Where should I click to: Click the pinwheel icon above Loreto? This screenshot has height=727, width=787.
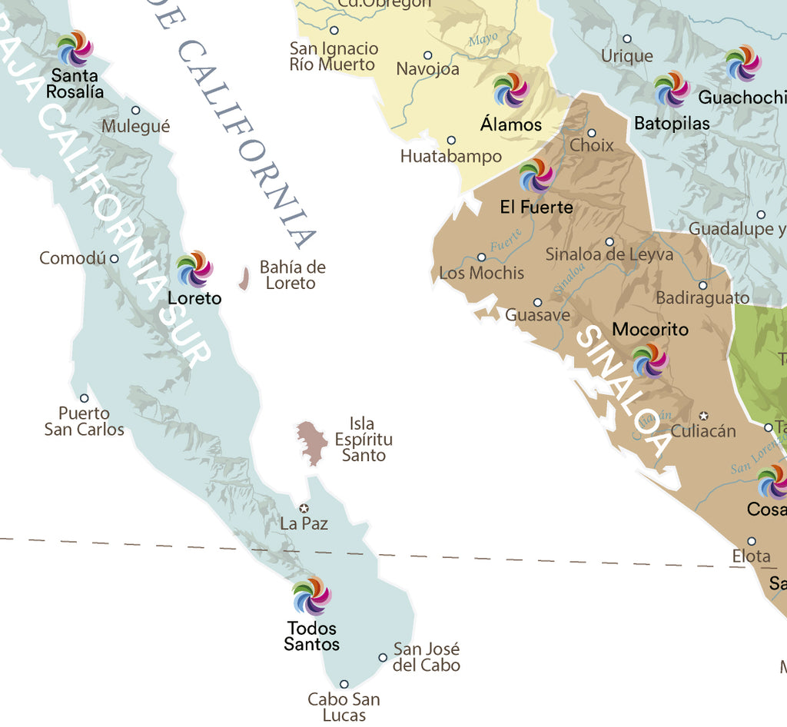[x=194, y=269]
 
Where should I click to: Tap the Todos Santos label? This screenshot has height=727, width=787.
[x=312, y=636]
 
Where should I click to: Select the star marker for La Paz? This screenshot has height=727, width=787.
[x=304, y=508]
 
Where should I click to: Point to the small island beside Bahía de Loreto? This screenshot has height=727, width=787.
[x=244, y=279]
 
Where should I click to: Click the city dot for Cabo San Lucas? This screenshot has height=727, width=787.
[x=344, y=684]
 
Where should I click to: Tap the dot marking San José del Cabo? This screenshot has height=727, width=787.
[x=383, y=657]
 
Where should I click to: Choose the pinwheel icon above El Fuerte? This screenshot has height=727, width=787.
[x=536, y=177]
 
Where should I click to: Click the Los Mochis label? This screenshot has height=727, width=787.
[x=481, y=273]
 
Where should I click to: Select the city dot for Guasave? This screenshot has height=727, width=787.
[x=538, y=302]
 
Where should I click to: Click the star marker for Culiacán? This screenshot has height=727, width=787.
[x=702, y=416]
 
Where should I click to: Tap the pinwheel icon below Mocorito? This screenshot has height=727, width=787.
[x=649, y=360]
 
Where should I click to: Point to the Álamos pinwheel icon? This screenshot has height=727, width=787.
[x=511, y=90]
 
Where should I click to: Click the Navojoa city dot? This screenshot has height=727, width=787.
[x=428, y=55]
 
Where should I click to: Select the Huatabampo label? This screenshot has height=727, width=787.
[x=450, y=157]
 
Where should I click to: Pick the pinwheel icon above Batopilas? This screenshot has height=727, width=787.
[x=672, y=89]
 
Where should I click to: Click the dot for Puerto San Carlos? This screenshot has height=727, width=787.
[x=85, y=398]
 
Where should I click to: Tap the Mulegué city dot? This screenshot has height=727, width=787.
[x=135, y=110]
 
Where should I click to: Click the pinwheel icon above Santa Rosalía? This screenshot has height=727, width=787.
[x=75, y=48]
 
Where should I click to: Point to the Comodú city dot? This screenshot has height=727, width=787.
[x=115, y=258]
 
